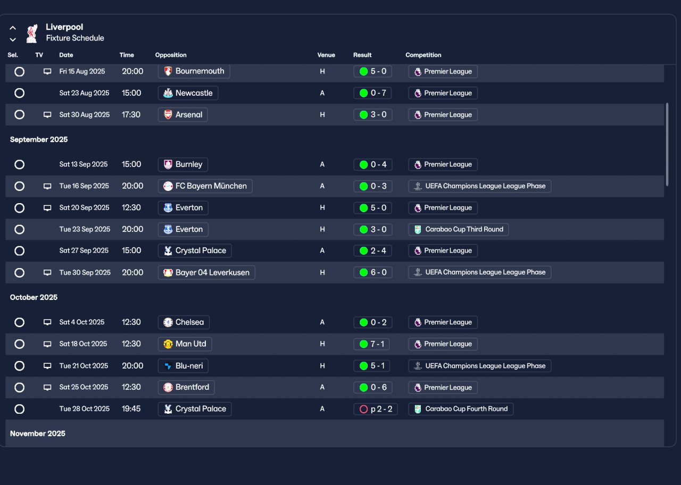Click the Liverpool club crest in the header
[32, 34]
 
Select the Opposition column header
[171, 55]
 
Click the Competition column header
[423, 55]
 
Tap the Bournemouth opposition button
[194, 71]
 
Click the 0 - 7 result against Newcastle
[372, 93]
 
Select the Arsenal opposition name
[189, 114]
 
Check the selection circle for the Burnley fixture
[20, 164]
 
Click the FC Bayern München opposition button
[205, 186]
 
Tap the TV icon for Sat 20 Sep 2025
[47, 208]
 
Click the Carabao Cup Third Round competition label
[459, 229]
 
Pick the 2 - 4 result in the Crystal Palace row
[373, 250]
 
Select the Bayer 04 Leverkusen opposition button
[206, 273]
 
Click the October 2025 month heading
[34, 297]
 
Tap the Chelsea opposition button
[184, 322]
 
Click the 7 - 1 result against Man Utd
[371, 344]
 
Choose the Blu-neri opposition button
[183, 366]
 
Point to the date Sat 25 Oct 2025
[84, 387]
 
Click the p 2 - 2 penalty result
[376, 409]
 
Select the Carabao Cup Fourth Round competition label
[461, 409]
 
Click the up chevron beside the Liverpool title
[13, 28]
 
